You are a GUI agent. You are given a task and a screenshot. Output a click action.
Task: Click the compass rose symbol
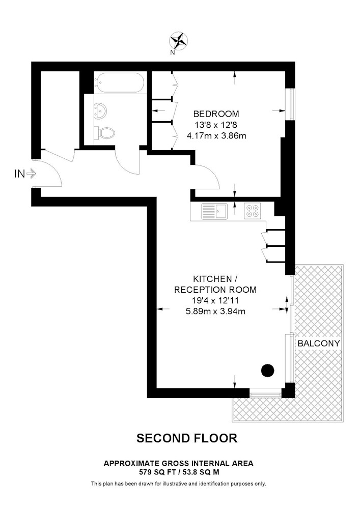pos(179,41)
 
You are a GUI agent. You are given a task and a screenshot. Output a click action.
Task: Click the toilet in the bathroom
pos(104,132)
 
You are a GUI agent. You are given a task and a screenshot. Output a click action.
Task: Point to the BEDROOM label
pos(216,114)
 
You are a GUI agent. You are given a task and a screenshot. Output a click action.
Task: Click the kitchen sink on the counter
pos(214,211)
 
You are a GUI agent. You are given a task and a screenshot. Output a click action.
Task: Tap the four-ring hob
pos(252,211)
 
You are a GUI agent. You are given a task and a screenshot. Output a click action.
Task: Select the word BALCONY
pos(318,343)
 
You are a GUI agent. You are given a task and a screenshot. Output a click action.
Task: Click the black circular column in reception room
pos(268,371)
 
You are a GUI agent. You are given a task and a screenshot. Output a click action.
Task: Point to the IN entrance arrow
pos(31,174)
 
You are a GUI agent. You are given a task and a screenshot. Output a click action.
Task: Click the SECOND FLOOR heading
pos(187,438)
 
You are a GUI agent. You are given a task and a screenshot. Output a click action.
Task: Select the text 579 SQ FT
pos(154,472)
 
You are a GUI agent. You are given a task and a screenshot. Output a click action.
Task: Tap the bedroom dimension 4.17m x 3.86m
pos(216,135)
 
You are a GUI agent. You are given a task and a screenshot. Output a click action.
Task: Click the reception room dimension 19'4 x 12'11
pos(215,300)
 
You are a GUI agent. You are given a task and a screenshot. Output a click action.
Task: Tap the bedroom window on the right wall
pos(292,104)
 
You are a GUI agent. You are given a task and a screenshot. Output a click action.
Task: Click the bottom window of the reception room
pos(265,393)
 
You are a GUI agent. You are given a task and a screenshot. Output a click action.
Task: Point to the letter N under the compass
pos(173,53)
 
